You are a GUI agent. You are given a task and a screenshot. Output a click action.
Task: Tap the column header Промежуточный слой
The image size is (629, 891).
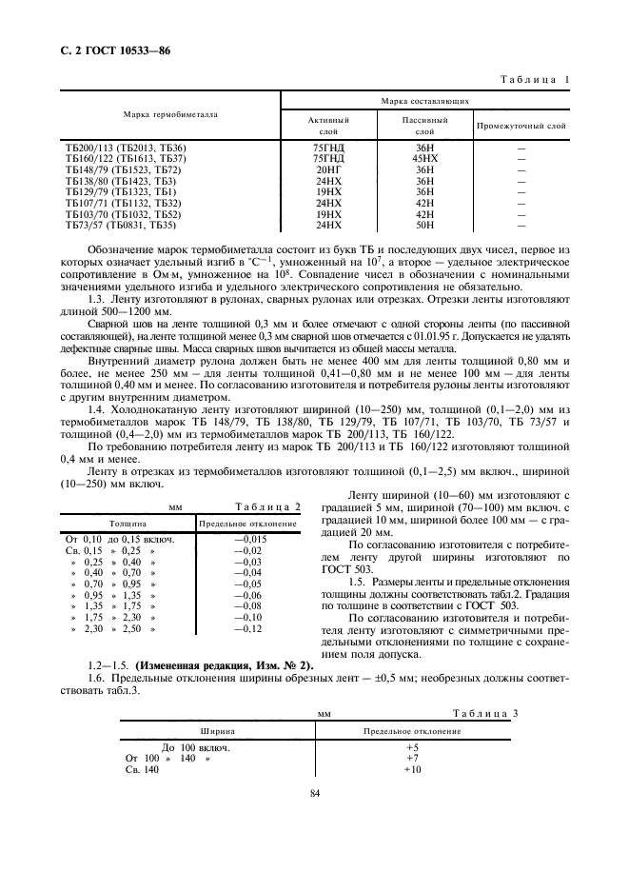click(521, 125)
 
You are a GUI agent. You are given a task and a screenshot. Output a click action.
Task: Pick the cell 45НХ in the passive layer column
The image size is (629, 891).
click(424, 157)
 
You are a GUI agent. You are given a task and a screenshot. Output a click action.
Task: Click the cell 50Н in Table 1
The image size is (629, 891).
click(424, 226)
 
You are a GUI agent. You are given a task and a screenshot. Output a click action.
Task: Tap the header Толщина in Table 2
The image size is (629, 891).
click(127, 524)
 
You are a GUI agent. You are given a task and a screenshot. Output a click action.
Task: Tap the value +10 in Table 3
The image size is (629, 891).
click(412, 769)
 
